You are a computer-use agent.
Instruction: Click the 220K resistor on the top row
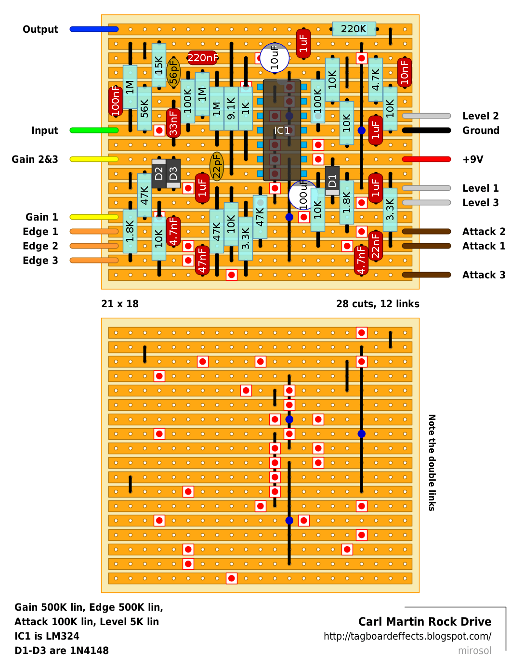click(354, 29)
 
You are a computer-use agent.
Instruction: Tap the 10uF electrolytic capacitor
click(275, 58)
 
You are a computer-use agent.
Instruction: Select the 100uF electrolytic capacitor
click(303, 195)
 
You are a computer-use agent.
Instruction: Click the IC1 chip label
click(282, 131)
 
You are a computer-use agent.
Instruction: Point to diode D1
click(332, 181)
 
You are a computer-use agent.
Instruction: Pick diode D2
click(159, 174)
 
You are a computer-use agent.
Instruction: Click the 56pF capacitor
click(173, 73)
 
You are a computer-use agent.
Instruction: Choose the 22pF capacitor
click(217, 166)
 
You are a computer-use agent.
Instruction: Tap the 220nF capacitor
click(202, 58)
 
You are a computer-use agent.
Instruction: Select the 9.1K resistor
click(231, 108)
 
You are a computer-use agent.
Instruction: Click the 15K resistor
click(159, 65)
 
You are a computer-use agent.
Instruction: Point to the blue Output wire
click(94, 29)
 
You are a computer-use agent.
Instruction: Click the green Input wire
click(94, 131)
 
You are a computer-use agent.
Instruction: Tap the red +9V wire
click(426, 159)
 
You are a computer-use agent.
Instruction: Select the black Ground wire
click(426, 131)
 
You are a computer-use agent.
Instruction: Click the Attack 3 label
click(484, 275)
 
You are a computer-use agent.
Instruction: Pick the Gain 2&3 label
click(35, 159)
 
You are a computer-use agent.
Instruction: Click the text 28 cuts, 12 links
click(378, 304)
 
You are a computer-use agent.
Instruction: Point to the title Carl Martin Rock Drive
click(425, 622)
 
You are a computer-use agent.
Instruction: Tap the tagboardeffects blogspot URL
click(407, 636)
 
